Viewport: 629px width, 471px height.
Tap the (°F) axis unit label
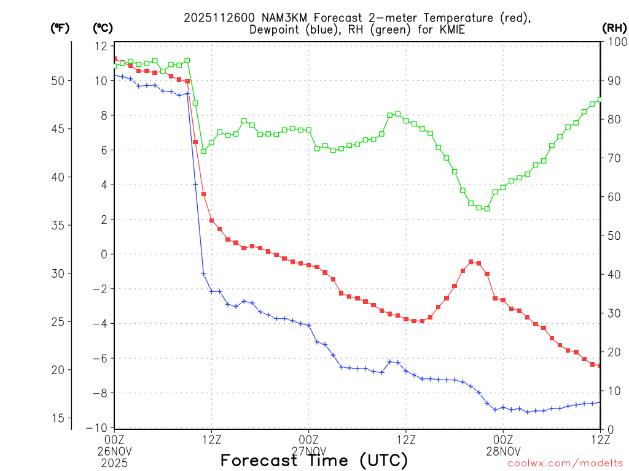59,28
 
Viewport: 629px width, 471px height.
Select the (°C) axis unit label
102,28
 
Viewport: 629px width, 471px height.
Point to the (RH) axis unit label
614,28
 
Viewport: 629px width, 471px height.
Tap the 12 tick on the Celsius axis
101,46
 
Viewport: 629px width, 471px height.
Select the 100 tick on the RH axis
615,42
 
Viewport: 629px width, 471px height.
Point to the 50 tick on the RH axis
612,235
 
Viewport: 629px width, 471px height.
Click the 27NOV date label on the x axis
308,450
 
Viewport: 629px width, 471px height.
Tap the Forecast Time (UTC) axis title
314,460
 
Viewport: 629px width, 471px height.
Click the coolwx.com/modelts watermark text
565,463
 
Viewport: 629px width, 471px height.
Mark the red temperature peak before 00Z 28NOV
471,262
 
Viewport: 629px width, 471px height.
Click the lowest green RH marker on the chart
486,209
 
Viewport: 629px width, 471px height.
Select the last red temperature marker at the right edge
600,366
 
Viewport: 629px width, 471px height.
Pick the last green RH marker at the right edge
600,99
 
